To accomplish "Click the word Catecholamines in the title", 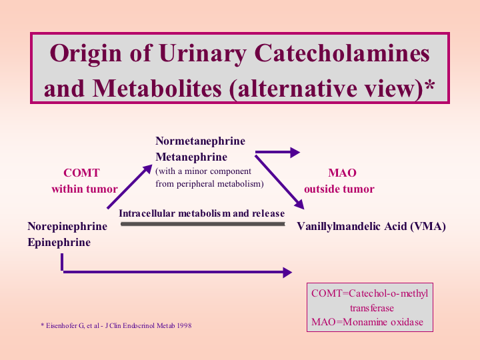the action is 341,53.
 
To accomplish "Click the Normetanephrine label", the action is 200,141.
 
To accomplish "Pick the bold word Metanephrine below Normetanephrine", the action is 191,157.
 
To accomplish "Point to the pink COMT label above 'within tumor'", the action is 81,173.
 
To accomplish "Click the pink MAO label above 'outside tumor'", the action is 342,173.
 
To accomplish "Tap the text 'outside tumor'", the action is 339,189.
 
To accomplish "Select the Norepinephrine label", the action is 67,226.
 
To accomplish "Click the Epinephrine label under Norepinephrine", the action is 59,242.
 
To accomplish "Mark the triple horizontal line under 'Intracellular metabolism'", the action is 203,225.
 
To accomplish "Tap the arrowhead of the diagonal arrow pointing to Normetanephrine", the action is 147,169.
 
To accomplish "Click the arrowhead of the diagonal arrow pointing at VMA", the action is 299,205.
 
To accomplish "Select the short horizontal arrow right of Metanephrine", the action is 277,152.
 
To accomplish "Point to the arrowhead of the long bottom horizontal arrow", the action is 287,272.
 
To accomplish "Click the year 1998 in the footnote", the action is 184,325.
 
